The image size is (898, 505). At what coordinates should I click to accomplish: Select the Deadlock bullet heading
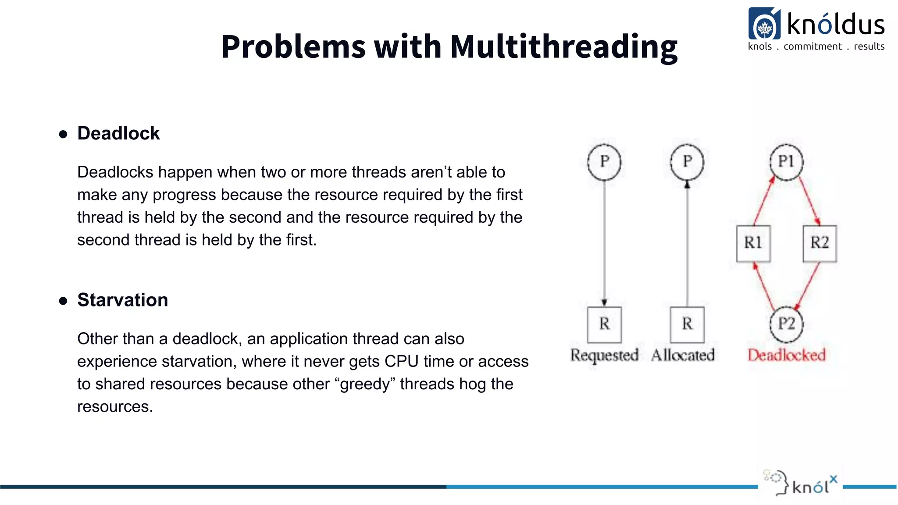coord(118,133)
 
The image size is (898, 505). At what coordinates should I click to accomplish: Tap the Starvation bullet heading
coord(122,300)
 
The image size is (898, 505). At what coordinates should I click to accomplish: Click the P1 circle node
coord(786,162)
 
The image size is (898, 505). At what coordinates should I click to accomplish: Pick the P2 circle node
coord(786,324)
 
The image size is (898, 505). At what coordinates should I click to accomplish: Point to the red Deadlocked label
coord(786,355)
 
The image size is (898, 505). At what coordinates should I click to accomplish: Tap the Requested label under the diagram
coord(604,355)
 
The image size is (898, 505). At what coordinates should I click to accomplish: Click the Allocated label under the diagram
coord(683,355)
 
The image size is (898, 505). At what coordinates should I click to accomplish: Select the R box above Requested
coord(604,324)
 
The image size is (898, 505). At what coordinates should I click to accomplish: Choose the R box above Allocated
coord(687,324)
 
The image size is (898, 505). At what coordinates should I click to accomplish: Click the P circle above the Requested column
coord(604,162)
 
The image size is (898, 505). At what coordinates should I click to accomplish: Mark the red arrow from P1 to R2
coord(809,202)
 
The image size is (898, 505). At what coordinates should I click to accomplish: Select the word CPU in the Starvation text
coord(399,361)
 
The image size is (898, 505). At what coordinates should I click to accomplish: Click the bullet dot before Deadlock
coord(63,134)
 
